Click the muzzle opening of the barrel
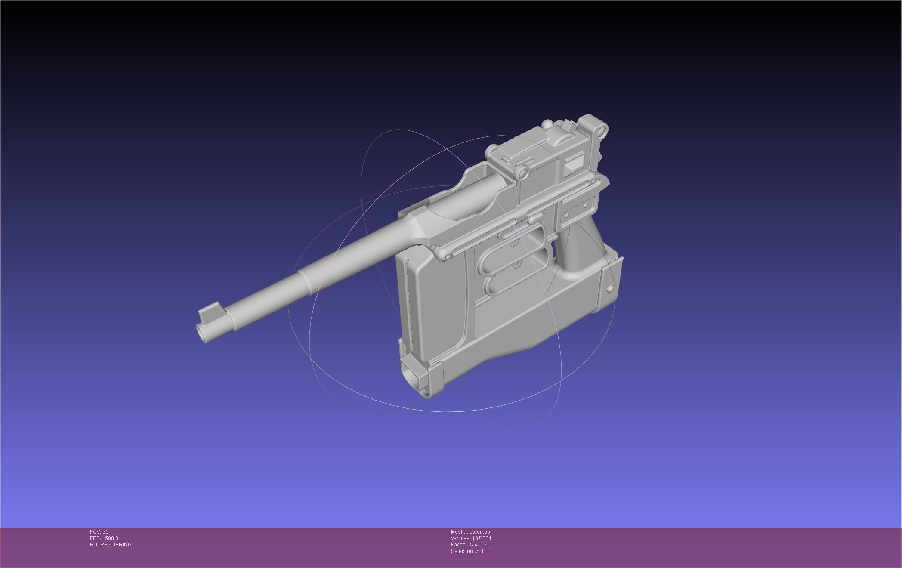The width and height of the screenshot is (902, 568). (203, 332)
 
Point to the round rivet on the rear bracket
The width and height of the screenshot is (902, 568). (610, 289)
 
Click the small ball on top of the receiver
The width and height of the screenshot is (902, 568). (547, 125)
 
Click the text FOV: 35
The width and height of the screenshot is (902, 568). (99, 532)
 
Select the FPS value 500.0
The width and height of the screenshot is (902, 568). (111, 538)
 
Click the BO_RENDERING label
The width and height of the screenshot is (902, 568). (111, 545)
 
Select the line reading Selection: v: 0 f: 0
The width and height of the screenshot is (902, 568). (471, 551)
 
